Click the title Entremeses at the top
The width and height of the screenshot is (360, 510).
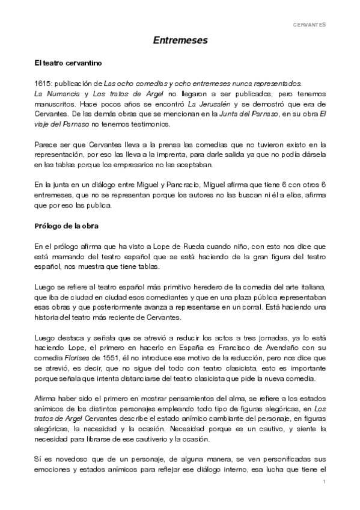click(x=180, y=41)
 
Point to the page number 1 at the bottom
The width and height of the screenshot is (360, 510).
click(x=324, y=482)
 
